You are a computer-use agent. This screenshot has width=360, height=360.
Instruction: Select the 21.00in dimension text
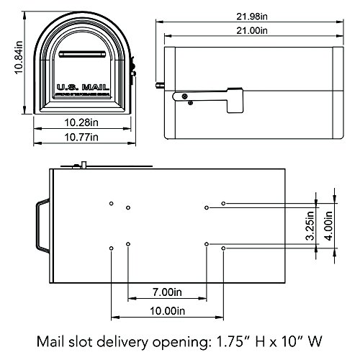(252, 31)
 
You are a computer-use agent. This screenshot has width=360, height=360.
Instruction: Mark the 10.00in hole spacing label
(166, 311)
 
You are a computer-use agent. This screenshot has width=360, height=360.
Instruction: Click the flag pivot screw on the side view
(185, 96)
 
